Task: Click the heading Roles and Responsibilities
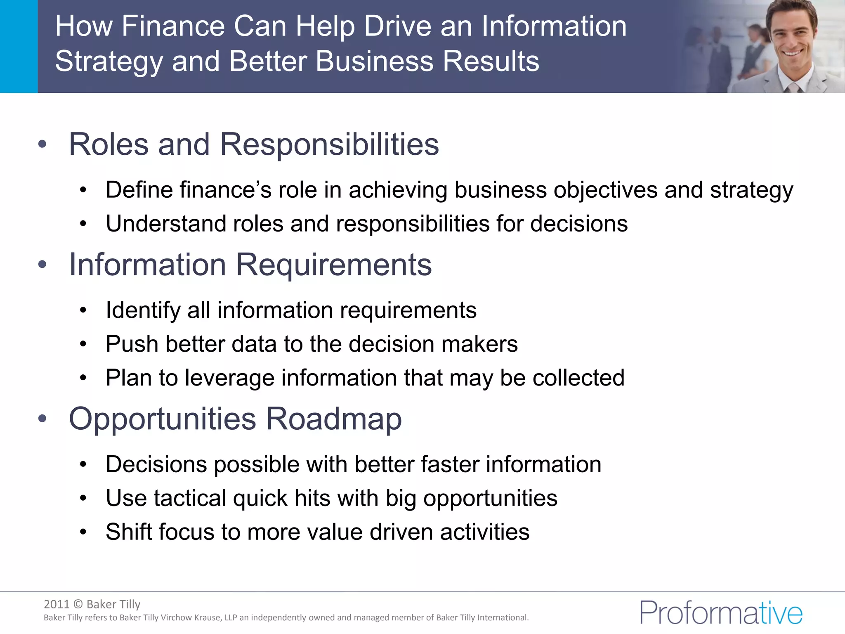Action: [x=254, y=144]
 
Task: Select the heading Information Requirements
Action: [x=250, y=265]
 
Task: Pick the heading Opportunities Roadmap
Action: [x=235, y=419]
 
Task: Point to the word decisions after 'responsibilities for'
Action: [x=578, y=224]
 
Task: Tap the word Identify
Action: [x=143, y=310]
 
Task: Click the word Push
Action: [x=132, y=344]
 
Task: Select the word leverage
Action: [x=229, y=378]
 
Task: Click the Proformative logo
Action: [x=721, y=613]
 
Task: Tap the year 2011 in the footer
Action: [x=57, y=604]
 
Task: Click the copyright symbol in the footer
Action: [x=78, y=605]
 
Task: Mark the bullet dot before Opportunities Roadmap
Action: [x=42, y=419]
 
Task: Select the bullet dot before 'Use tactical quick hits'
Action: [x=83, y=498]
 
